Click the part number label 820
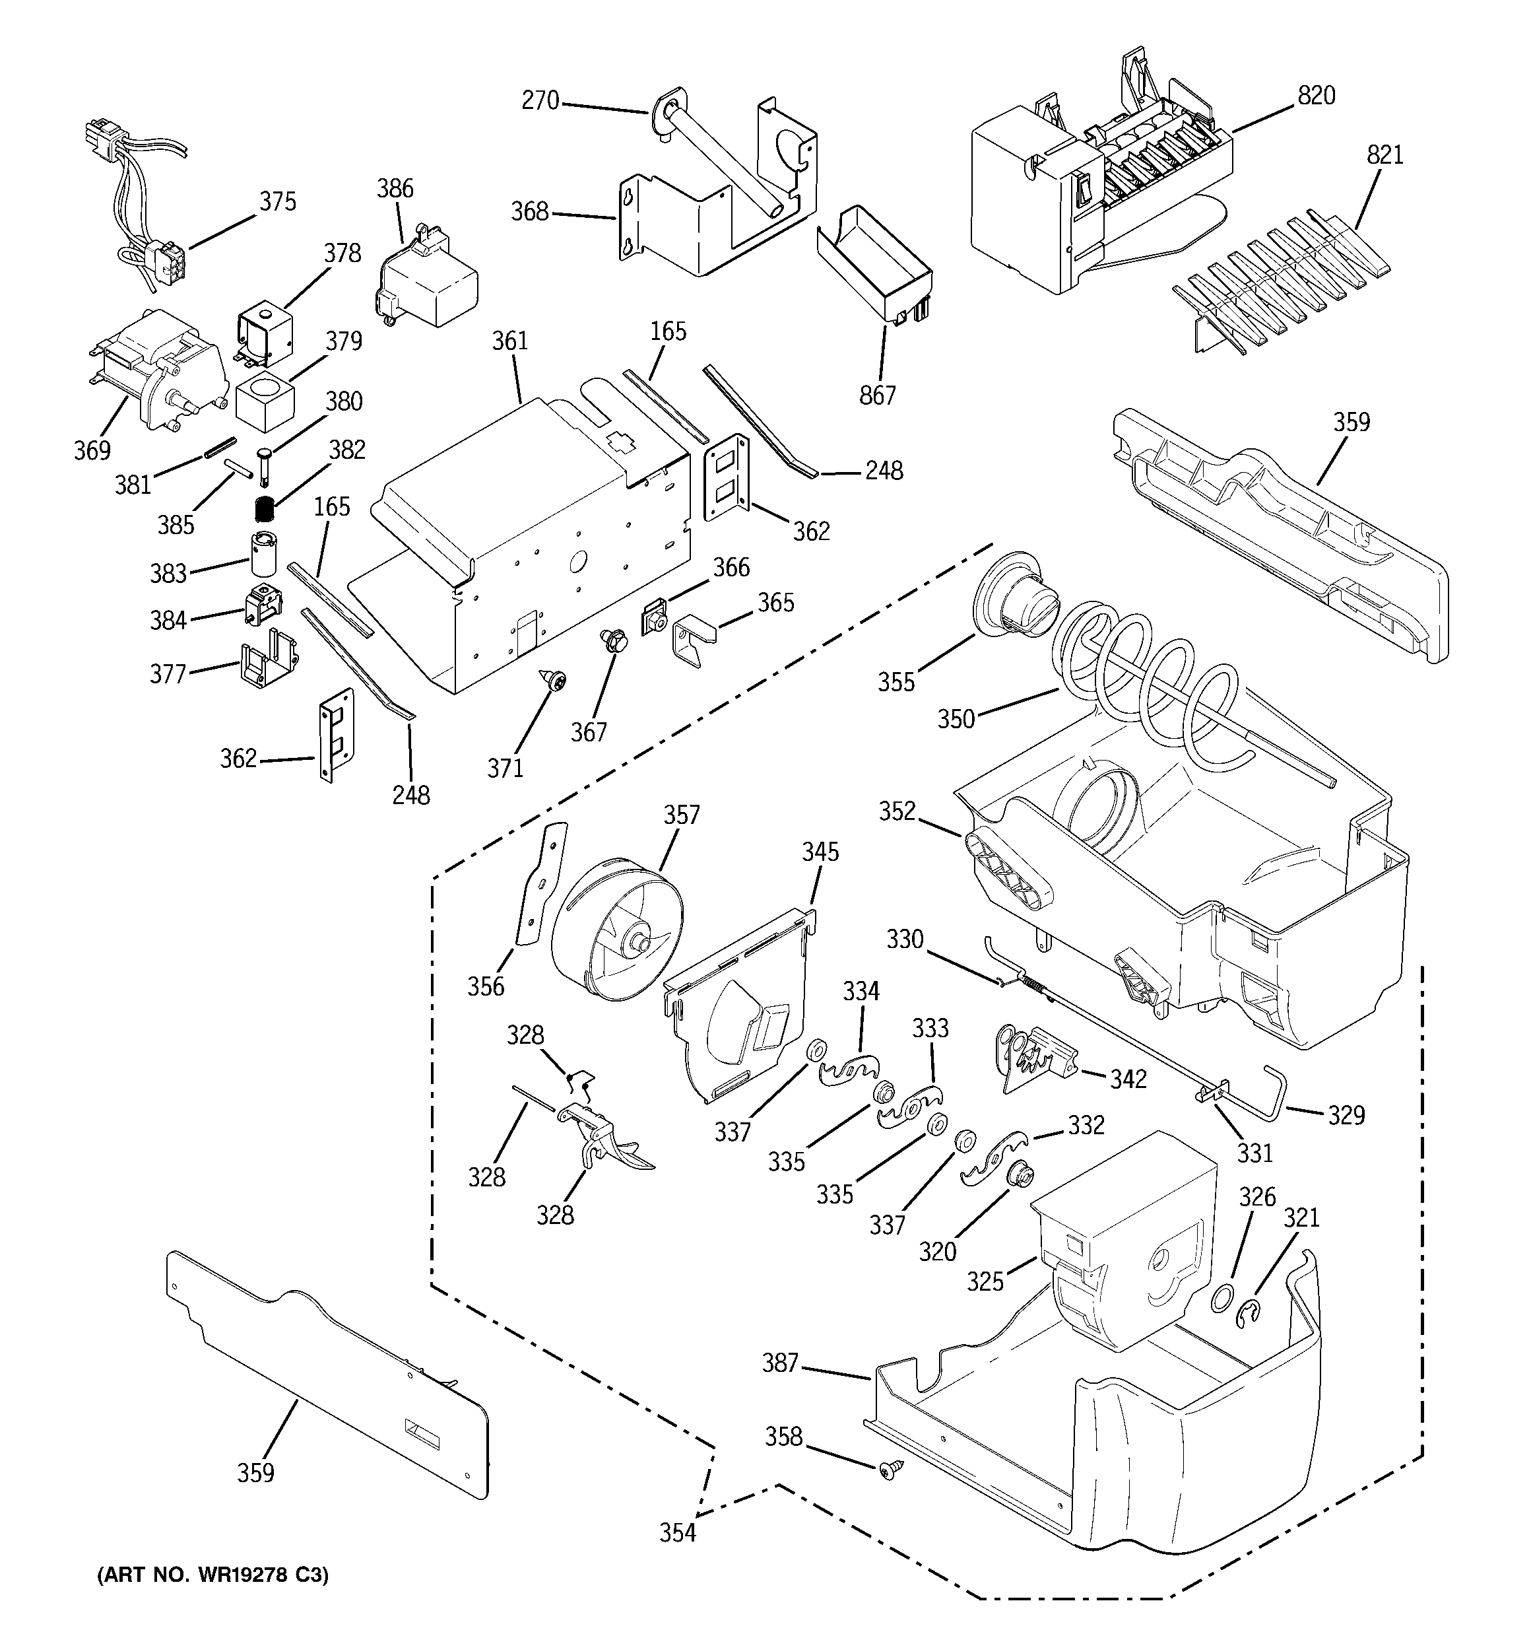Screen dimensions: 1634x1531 pyautogui.click(x=1316, y=96)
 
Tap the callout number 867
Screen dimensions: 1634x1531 pyautogui.click(x=877, y=395)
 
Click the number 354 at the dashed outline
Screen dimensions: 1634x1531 pyautogui.click(x=677, y=1533)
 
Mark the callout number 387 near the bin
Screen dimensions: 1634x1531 pyautogui.click(x=780, y=1363)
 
